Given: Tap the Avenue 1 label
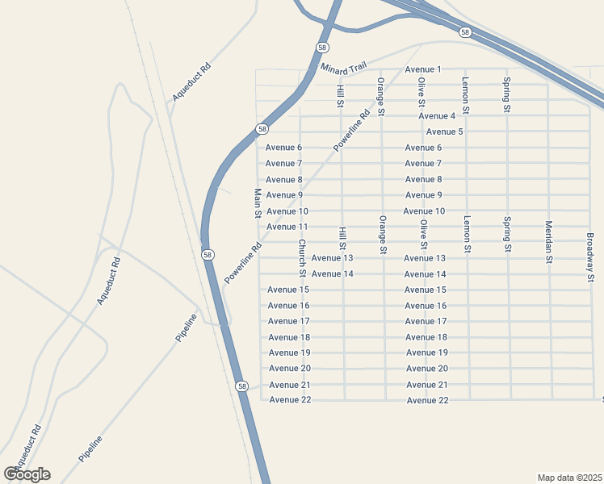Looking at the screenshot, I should coord(424,69).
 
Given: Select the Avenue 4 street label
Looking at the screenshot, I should coord(438,116).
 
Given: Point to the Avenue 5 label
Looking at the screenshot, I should coord(444,131).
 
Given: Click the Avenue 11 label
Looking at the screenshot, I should coord(287,227).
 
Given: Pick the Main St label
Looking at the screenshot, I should coord(258,203).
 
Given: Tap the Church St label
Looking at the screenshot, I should coord(301,253).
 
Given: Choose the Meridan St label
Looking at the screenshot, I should coord(548,242).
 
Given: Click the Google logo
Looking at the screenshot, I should coord(27,474).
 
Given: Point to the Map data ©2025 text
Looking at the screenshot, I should coord(570,477).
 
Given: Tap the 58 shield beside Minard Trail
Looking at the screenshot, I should coord(322,47).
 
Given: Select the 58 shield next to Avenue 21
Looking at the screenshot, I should coord(242,386).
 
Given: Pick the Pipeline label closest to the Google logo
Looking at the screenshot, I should coord(91,449).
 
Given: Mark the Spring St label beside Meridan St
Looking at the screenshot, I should coord(507,233).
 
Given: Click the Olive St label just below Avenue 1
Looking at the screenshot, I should coord(421,91).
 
